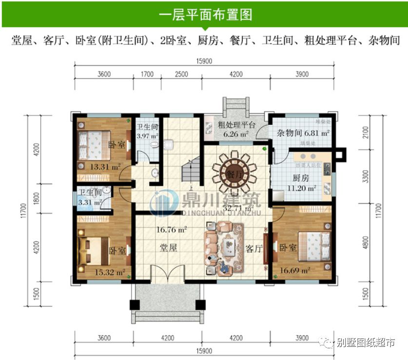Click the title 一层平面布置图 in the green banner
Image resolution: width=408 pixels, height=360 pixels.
(x=205, y=14)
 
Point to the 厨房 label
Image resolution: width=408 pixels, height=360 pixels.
(x=301, y=178)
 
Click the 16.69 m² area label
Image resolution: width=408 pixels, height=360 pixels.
(x=295, y=269)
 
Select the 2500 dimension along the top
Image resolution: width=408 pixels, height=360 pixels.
(x=181, y=74)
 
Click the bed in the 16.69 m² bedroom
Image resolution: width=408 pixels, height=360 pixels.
(x=314, y=246)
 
